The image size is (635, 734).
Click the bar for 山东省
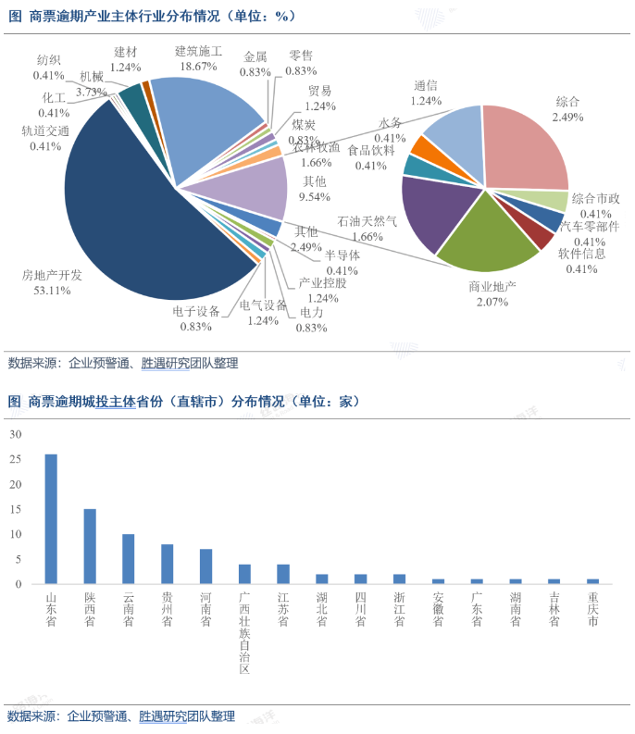coord(51,518)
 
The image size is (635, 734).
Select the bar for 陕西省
coord(90,546)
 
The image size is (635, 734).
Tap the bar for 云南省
coord(129,559)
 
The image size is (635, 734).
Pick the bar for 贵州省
coord(168,564)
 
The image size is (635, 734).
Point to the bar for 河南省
coord(205,566)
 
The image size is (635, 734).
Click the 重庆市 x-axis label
coord(592,610)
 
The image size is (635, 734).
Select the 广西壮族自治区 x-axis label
coord(244,633)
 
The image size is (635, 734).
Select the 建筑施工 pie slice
coord(204,120)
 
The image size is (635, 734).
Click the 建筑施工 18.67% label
coord(199,58)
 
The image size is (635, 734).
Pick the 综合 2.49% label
coord(567,109)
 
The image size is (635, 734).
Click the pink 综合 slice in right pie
coord(523,148)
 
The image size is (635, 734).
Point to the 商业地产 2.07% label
coord(492,294)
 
